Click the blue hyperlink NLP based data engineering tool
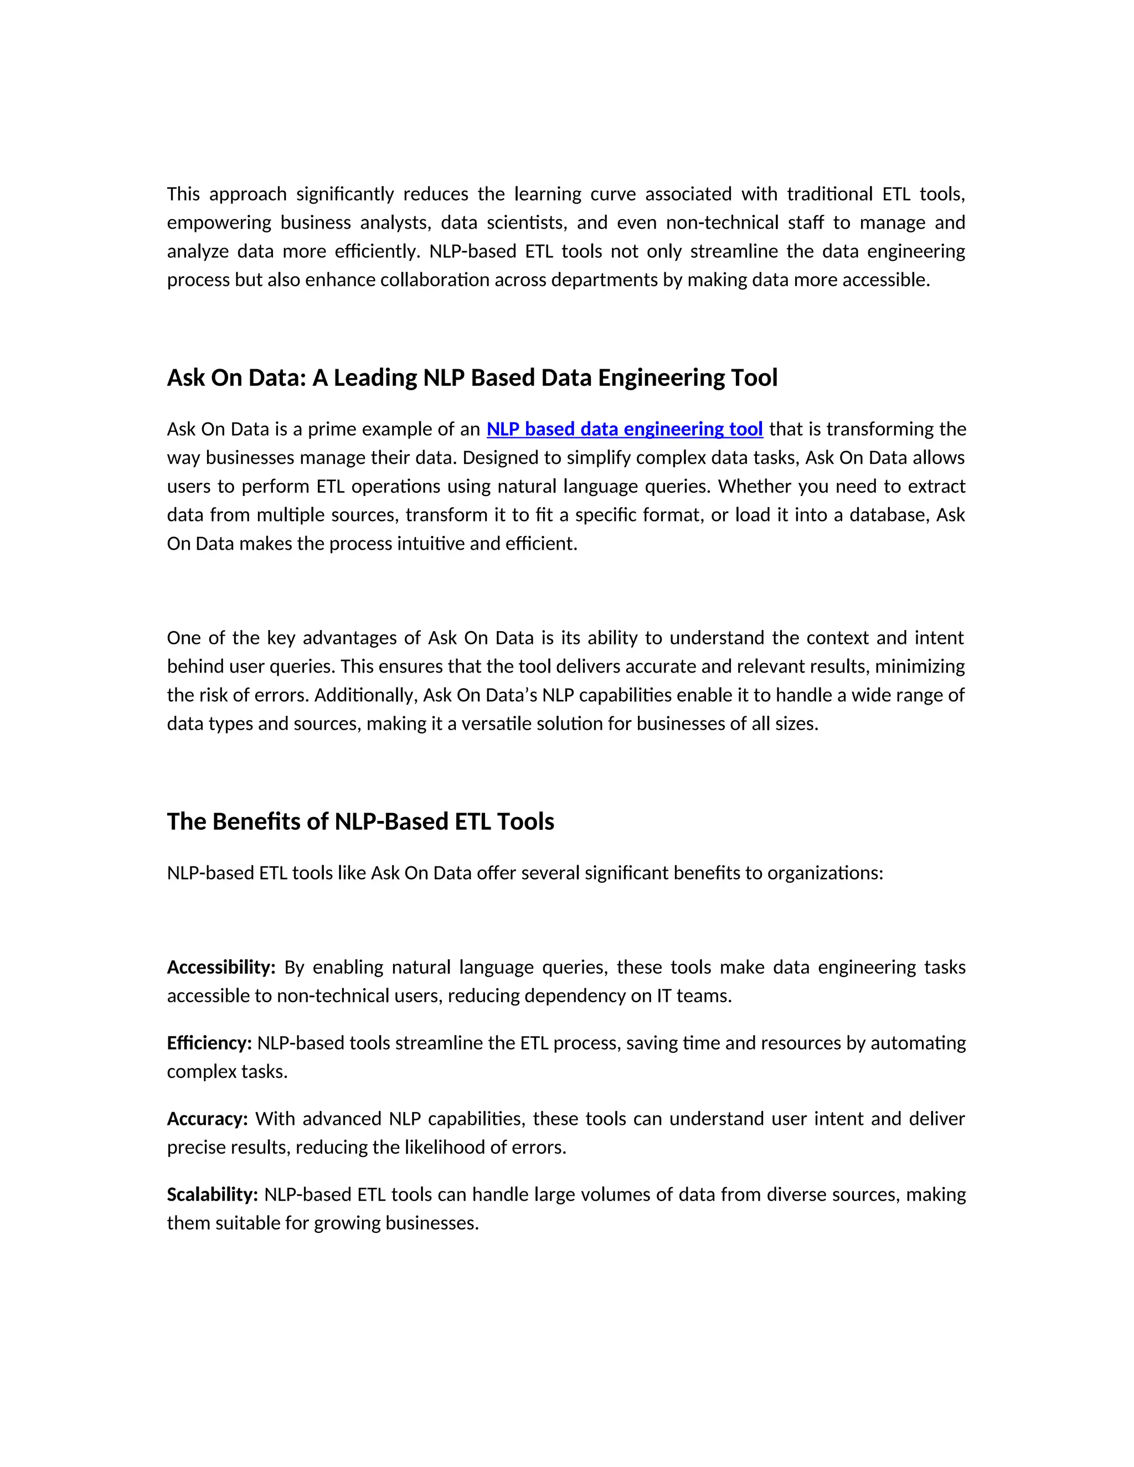click(624, 429)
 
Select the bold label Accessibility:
click(221, 967)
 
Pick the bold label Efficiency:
click(209, 1043)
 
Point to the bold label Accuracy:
click(207, 1119)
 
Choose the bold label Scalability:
click(212, 1195)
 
